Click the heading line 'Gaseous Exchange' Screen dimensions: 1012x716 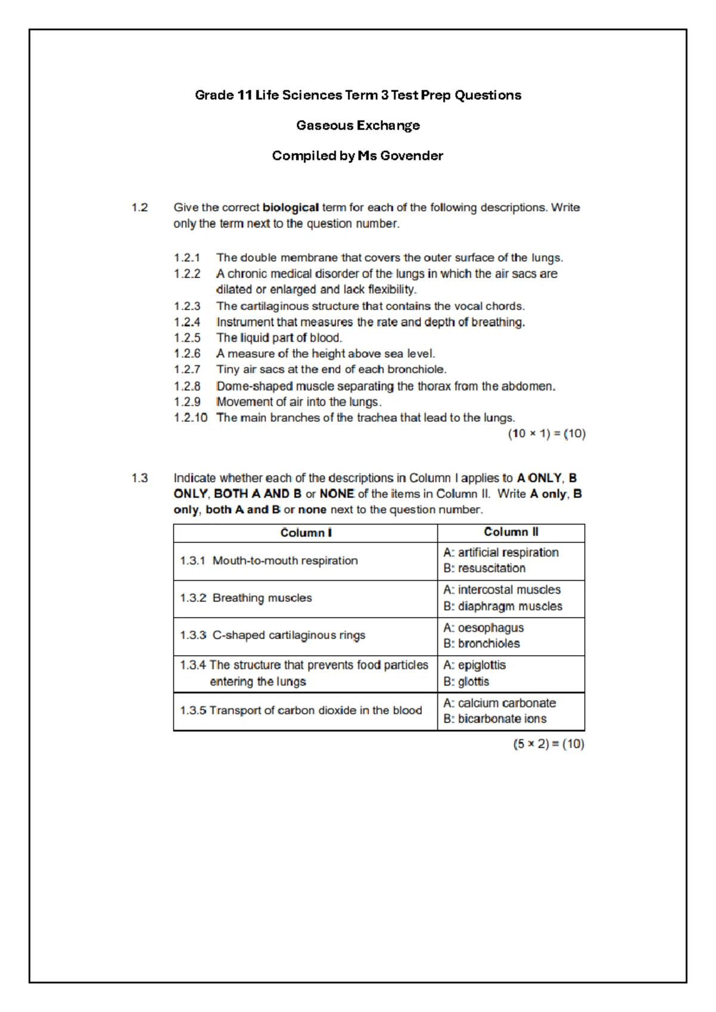pyautogui.click(x=358, y=125)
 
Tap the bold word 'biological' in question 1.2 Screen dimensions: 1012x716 pyautogui.click(x=291, y=208)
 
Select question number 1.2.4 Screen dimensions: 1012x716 pyautogui.click(x=187, y=322)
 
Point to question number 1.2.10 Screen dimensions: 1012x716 pyautogui.click(x=190, y=418)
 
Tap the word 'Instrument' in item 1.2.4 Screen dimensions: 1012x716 pyautogui.click(x=243, y=322)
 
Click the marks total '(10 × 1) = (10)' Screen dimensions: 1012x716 pyautogui.click(x=547, y=434)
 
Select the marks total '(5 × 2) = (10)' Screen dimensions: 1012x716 pyautogui.click(x=548, y=744)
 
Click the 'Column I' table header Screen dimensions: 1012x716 pyautogui.click(x=305, y=533)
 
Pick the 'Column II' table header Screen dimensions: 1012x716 pyautogui.click(x=511, y=532)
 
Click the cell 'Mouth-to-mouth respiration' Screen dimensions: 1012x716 pyautogui.click(x=285, y=561)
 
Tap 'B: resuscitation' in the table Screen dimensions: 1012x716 pyautogui.click(x=484, y=569)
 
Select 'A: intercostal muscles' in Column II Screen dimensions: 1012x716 pyautogui.click(x=502, y=590)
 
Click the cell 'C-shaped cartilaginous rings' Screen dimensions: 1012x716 pyautogui.click(x=288, y=635)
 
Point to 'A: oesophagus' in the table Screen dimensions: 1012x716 pyautogui.click(x=483, y=628)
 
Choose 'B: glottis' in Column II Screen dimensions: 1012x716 pyautogui.click(x=466, y=681)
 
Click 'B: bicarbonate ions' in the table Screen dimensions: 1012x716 pyautogui.click(x=495, y=719)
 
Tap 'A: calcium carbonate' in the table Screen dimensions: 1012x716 pyautogui.click(x=499, y=704)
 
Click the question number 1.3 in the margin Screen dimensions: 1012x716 pyautogui.click(x=140, y=478)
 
